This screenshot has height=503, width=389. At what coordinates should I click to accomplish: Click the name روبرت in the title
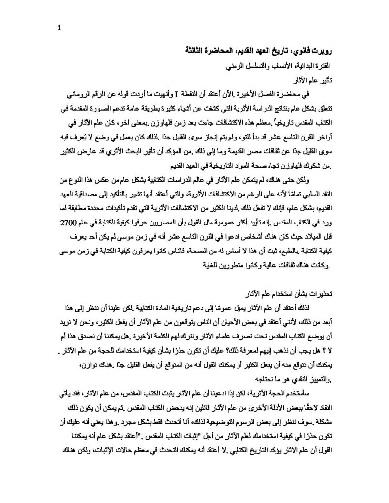313,51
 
